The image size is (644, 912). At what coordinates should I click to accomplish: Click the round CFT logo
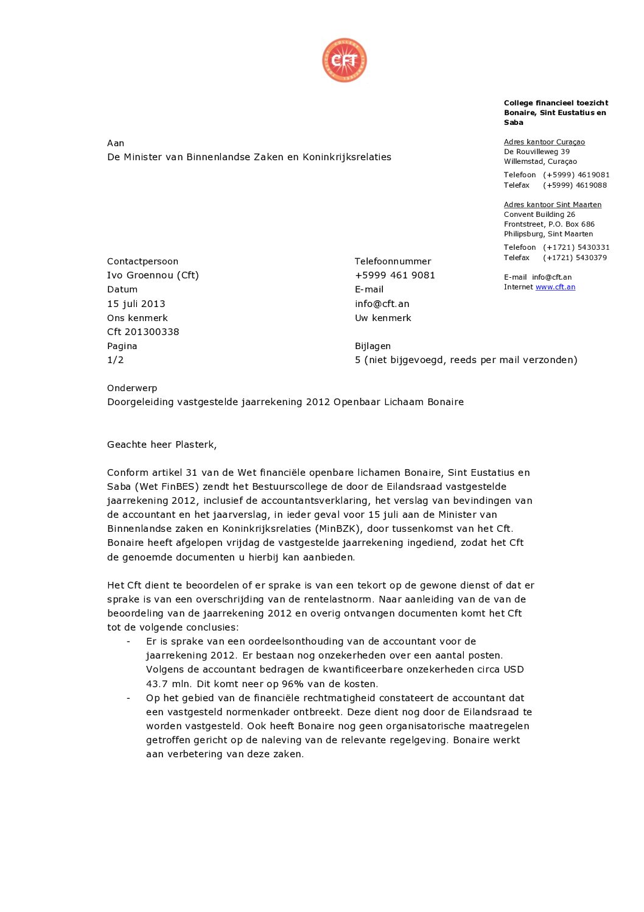click(x=345, y=60)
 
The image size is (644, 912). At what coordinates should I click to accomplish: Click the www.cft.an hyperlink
click(x=555, y=287)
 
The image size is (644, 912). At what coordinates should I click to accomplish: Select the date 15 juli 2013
click(x=136, y=303)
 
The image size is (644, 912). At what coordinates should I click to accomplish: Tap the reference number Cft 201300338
click(x=143, y=331)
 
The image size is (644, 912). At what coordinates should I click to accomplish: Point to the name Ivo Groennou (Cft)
click(x=153, y=275)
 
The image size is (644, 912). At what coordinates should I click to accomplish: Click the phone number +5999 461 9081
click(x=394, y=275)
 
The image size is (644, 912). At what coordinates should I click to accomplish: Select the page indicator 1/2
click(x=116, y=359)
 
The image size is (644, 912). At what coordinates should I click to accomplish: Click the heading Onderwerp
click(x=132, y=387)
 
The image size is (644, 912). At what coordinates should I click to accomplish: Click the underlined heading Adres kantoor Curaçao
click(x=544, y=142)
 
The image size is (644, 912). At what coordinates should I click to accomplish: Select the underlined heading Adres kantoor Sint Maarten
click(x=552, y=205)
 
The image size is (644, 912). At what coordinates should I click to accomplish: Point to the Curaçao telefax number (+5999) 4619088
click(x=575, y=185)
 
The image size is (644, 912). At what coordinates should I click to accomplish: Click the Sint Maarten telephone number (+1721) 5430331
click(x=576, y=247)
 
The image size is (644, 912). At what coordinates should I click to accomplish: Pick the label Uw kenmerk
click(x=383, y=317)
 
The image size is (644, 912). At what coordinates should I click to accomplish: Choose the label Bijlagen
click(x=373, y=345)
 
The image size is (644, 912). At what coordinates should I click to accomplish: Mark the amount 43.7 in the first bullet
click(x=156, y=684)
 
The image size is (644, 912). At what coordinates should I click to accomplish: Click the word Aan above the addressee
click(x=116, y=143)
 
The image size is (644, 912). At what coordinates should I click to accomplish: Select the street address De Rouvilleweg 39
click(x=537, y=152)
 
